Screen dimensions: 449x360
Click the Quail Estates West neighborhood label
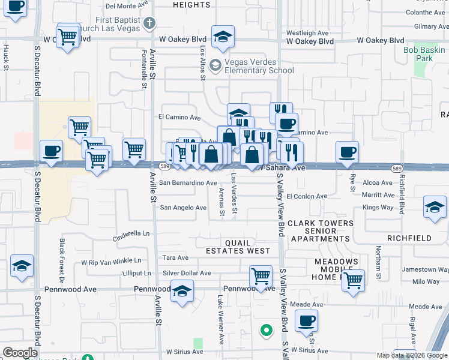click(239, 247)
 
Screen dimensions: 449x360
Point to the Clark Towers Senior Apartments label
click(320, 231)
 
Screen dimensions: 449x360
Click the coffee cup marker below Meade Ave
click(306, 321)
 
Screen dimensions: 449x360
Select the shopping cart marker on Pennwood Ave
click(261, 276)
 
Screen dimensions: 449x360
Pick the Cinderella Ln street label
click(130, 233)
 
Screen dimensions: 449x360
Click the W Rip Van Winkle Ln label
click(106, 261)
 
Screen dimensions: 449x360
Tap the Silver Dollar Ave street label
click(187, 273)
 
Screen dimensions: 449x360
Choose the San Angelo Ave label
click(183, 208)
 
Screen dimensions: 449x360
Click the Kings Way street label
click(378, 208)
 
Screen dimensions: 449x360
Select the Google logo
click(20, 353)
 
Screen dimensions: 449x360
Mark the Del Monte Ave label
click(127, 6)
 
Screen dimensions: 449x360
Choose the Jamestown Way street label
click(419, 270)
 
